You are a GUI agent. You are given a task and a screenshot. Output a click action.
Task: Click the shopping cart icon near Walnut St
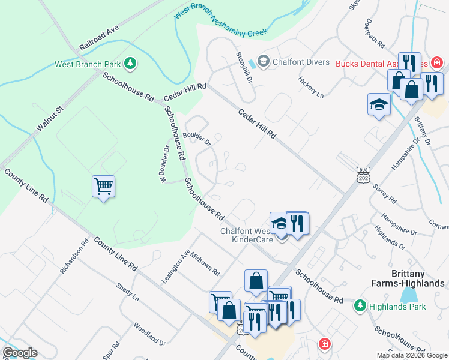click(x=103, y=187)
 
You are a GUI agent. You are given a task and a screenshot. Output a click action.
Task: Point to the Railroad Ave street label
click(x=99, y=38)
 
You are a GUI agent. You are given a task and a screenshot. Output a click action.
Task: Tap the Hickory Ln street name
click(x=311, y=88)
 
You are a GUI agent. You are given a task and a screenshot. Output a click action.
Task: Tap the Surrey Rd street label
click(x=384, y=193)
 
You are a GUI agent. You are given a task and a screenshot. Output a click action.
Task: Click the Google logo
click(x=19, y=353)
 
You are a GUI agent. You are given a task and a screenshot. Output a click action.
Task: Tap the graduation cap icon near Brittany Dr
click(x=379, y=105)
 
